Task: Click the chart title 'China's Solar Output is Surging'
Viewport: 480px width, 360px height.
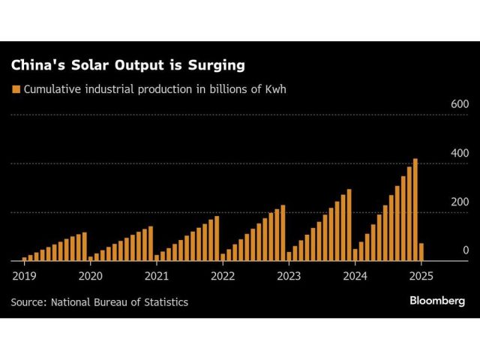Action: click(127, 65)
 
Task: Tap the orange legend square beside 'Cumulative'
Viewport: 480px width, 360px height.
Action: click(15, 89)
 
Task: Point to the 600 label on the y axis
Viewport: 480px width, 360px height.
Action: click(459, 104)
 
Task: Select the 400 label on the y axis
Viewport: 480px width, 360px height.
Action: click(459, 153)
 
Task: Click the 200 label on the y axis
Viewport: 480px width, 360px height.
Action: click(459, 202)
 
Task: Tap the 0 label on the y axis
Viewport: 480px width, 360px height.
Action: click(465, 250)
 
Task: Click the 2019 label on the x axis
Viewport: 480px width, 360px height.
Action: click(24, 275)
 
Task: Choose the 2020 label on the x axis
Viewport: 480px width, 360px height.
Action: click(90, 275)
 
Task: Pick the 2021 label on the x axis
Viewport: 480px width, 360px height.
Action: click(157, 275)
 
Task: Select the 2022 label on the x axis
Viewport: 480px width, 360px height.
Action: click(223, 275)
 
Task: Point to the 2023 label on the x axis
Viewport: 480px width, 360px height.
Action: click(289, 275)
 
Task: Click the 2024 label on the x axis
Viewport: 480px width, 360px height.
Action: click(355, 275)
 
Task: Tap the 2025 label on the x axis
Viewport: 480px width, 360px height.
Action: click(421, 275)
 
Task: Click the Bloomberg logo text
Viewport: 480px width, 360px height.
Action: click(437, 301)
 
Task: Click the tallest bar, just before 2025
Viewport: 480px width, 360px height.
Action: click(415, 210)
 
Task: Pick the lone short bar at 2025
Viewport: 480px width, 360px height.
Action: click(421, 252)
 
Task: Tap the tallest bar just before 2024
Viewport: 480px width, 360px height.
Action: click(349, 225)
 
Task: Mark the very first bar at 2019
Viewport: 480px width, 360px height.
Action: click(25, 259)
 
